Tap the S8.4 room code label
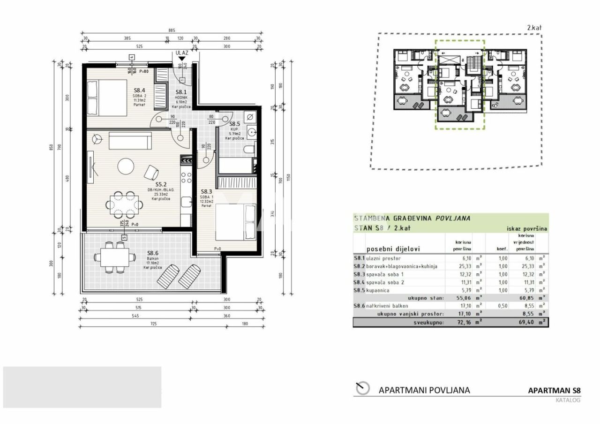click(x=140, y=90)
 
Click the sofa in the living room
click(x=130, y=141)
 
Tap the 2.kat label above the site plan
click(x=534, y=28)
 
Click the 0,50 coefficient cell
click(x=502, y=305)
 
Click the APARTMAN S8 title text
click(x=554, y=390)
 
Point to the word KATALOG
click(x=568, y=400)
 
